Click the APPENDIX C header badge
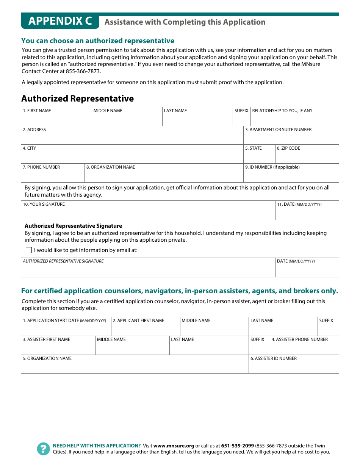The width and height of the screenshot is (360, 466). [x=60, y=21]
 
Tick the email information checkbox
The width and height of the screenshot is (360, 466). [x=29, y=250]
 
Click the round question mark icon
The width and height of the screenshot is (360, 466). [x=44, y=449]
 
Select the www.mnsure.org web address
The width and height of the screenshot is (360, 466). [x=174, y=446]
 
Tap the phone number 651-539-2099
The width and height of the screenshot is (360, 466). [x=237, y=446]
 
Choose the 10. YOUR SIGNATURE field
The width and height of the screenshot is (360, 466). [x=148, y=212]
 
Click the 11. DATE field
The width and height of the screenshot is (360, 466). [x=307, y=212]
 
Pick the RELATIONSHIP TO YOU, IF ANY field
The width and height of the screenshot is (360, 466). [x=294, y=119]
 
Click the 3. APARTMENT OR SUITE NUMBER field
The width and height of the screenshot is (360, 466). [x=291, y=137]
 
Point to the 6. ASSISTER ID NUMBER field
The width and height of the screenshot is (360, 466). [x=294, y=366]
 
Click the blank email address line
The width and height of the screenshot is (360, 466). [x=215, y=251]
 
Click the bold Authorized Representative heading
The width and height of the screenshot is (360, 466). [x=78, y=99]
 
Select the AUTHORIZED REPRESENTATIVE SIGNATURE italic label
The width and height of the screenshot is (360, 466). [x=63, y=261]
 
